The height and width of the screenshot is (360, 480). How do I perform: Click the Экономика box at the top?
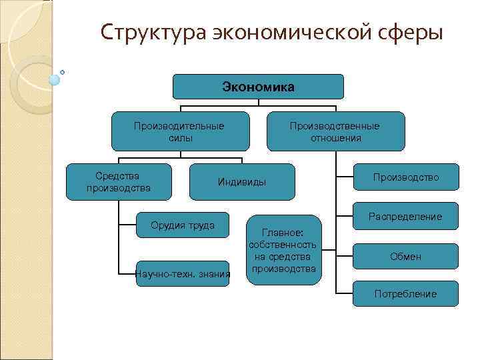258,87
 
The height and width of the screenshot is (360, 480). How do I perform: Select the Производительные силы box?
180,131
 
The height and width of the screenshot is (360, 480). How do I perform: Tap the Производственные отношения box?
336,131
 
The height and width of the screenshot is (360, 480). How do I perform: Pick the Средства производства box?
119,181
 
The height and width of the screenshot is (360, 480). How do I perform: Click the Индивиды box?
241,182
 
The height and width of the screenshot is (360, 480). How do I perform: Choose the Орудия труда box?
182,225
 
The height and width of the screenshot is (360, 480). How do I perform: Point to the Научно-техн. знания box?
182,273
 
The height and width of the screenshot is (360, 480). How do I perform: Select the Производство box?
406,177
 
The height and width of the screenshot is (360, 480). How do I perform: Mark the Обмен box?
406,257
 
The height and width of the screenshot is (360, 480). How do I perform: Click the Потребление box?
406,293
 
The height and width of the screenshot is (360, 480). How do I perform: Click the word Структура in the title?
152,32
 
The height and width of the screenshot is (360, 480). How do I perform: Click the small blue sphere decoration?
55,79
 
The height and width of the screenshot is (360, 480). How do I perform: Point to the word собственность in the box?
283,245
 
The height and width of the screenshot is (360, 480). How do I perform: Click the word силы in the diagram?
180,138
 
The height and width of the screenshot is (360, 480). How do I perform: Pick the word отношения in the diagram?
336,138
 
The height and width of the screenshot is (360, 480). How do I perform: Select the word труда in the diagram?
201,225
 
